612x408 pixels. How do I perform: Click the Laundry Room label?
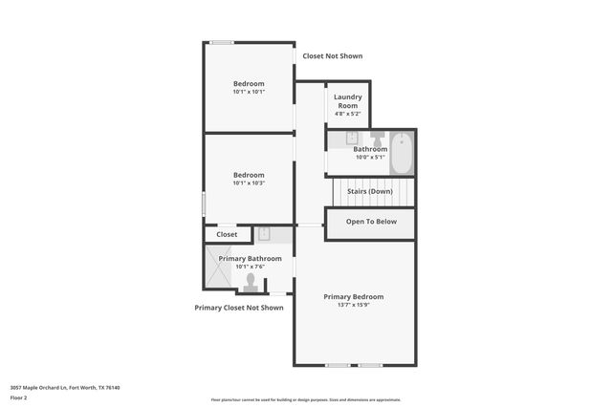click(347, 101)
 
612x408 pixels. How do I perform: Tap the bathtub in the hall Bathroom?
click(401, 154)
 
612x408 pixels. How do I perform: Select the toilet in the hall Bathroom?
click(378, 140)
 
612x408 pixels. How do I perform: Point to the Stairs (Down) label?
click(369, 191)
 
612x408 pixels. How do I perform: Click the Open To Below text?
click(371, 222)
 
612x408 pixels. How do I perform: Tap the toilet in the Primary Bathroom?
click(251, 282)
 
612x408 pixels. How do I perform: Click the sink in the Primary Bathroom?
click(264, 233)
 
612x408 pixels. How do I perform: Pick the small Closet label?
click(227, 234)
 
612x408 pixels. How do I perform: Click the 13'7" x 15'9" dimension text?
click(353, 306)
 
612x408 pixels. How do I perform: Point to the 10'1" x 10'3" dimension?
click(249, 183)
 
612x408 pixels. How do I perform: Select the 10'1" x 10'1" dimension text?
click(249, 93)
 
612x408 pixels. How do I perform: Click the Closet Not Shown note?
click(333, 56)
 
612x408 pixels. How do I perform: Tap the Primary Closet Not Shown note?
click(239, 308)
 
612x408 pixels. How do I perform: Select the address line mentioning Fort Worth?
click(65, 387)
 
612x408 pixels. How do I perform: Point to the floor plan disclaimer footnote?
click(306, 400)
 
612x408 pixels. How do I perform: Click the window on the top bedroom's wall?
click(222, 42)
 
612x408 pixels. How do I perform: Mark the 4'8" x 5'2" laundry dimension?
click(347, 114)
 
